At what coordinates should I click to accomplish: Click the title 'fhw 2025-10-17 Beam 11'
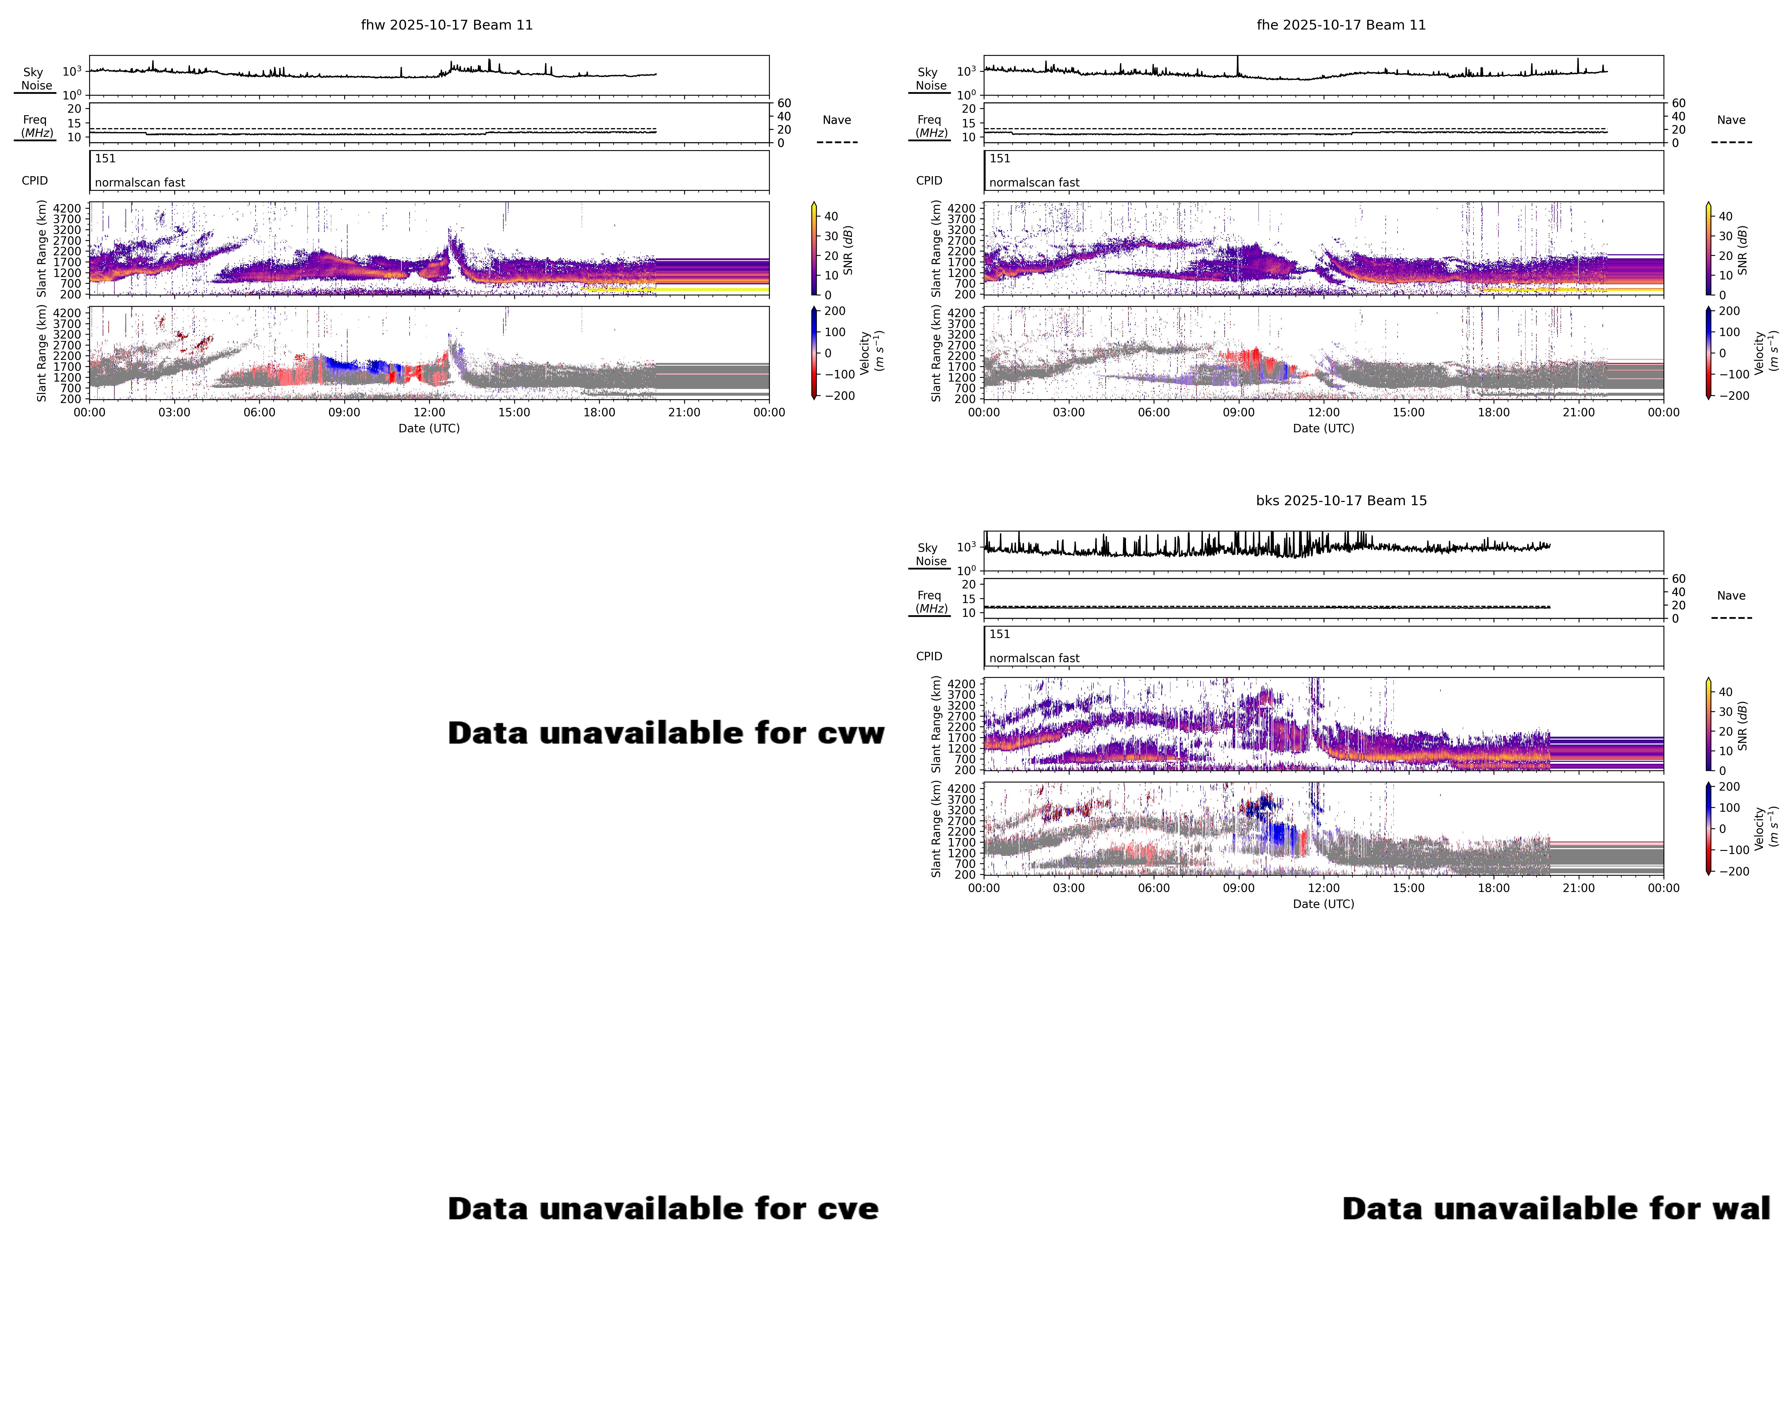(x=446, y=25)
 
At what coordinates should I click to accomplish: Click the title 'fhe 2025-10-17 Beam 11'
(x=1341, y=25)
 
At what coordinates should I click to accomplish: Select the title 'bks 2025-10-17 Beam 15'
(x=1341, y=500)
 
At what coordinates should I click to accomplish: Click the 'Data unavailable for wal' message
(x=1556, y=1209)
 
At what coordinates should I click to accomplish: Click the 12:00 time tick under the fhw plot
(x=429, y=412)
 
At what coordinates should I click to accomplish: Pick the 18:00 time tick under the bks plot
(x=1494, y=888)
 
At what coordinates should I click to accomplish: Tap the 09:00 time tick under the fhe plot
(x=1239, y=412)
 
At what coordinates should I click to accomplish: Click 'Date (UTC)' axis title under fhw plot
(x=429, y=428)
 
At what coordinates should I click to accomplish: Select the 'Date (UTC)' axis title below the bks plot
(x=1324, y=903)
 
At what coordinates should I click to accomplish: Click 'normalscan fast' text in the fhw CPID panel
(x=140, y=182)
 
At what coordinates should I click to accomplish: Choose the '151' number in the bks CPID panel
(x=1000, y=634)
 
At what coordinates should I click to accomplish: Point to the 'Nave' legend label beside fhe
(x=1731, y=120)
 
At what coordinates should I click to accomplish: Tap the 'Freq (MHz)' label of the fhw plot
(x=36, y=126)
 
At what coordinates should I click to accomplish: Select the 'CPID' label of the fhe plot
(x=929, y=181)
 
